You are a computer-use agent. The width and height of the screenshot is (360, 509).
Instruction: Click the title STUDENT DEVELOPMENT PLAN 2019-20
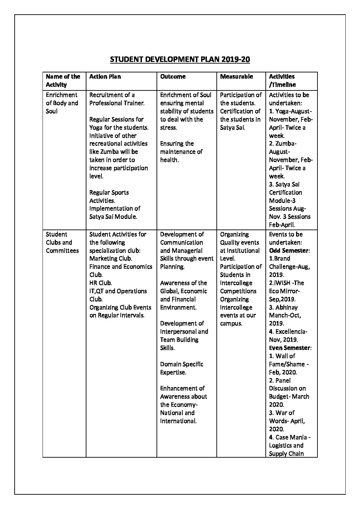[180, 60]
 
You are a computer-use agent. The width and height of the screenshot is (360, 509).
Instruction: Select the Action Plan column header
[105, 77]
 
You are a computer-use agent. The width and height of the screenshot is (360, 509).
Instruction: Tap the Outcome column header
[173, 77]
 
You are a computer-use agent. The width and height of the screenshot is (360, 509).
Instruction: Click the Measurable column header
[236, 77]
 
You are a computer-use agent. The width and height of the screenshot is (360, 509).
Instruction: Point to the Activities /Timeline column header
[282, 81]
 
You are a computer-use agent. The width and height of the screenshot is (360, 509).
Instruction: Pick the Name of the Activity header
[63, 81]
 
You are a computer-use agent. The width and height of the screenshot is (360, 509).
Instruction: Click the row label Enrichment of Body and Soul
[62, 103]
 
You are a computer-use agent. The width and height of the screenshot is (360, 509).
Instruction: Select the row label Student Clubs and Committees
[62, 242]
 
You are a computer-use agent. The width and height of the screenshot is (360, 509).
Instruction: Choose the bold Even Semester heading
[290, 348]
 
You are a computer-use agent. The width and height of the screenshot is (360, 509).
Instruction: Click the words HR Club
[100, 283]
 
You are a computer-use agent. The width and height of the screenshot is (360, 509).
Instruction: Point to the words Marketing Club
[111, 258]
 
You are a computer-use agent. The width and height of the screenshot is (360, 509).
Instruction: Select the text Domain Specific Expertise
[181, 368]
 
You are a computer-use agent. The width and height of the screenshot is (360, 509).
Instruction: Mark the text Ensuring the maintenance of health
[181, 152]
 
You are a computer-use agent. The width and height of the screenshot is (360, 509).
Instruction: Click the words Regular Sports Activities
[109, 197]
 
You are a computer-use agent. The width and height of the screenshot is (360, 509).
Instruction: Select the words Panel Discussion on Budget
[287, 388]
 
